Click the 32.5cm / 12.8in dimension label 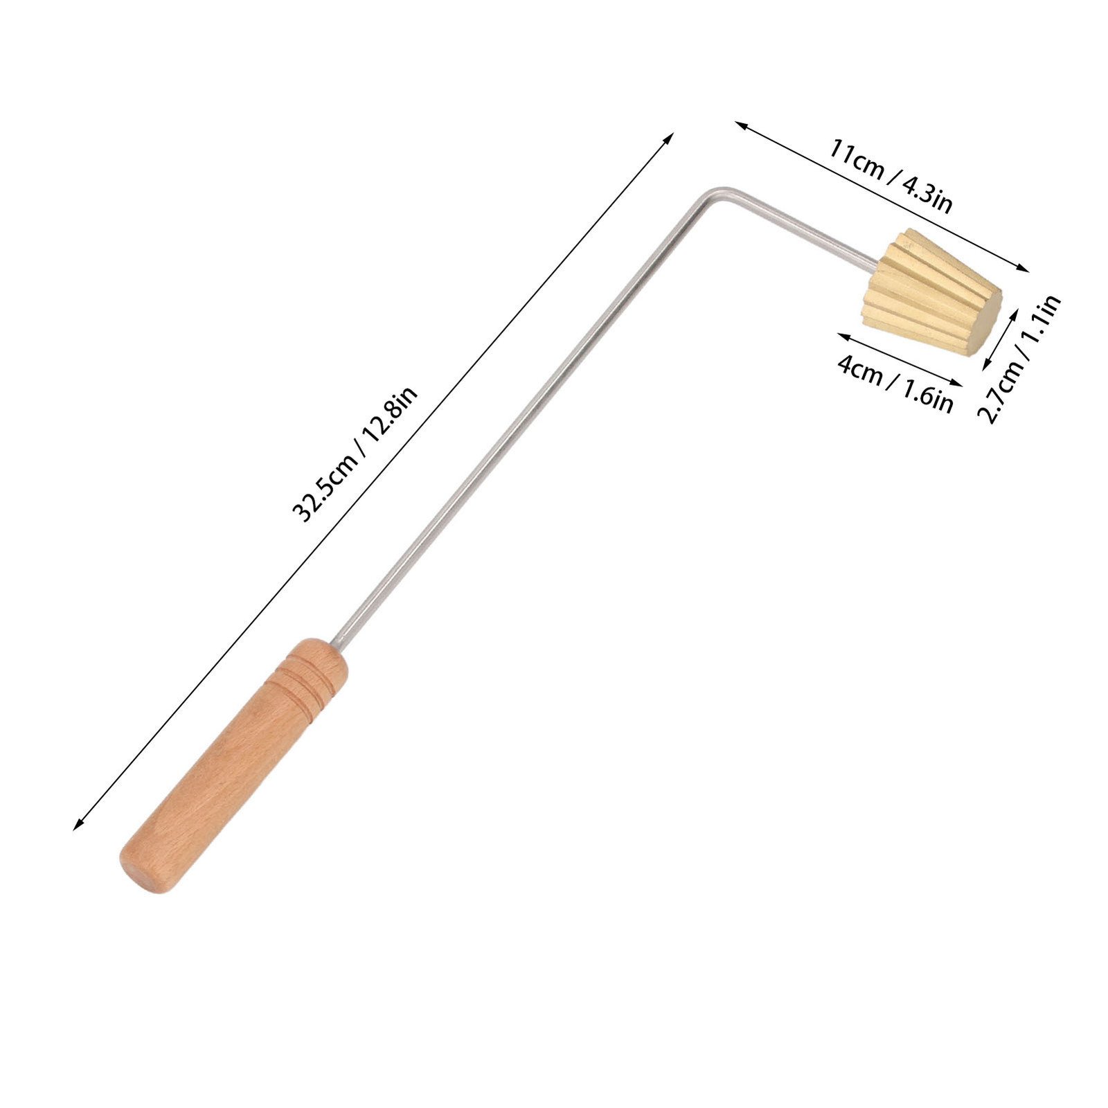(x=355, y=454)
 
